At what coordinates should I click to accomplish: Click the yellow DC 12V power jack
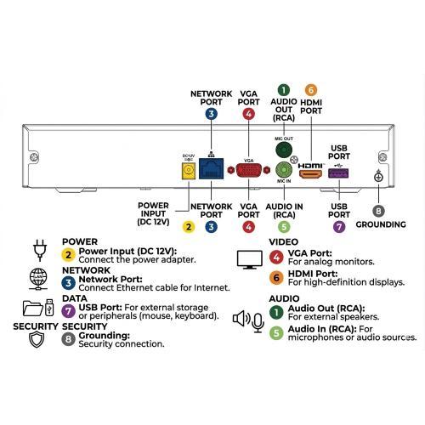click(189, 171)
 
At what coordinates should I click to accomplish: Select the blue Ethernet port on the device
click(211, 169)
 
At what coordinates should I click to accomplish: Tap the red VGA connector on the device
click(248, 170)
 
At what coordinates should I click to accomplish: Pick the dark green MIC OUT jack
click(284, 149)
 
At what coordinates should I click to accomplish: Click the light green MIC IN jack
click(284, 170)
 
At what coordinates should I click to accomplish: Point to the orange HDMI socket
click(311, 174)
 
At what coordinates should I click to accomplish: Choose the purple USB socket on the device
click(338, 173)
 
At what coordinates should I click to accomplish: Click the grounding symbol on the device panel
click(378, 176)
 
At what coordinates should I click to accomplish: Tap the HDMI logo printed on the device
click(310, 166)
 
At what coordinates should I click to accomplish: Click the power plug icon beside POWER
click(40, 250)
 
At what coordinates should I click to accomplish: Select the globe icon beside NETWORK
click(38, 280)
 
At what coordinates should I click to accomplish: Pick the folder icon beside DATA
click(33, 308)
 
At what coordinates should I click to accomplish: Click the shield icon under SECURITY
click(37, 340)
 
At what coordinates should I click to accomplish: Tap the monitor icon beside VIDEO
click(249, 259)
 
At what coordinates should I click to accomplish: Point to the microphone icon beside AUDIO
click(258, 322)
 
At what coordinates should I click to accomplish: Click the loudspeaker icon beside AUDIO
click(241, 319)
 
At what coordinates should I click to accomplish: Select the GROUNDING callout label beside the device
click(381, 224)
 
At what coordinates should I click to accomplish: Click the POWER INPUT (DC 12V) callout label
click(153, 213)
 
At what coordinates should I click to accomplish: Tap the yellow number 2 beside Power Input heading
click(68, 255)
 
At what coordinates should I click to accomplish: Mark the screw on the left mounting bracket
click(34, 156)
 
